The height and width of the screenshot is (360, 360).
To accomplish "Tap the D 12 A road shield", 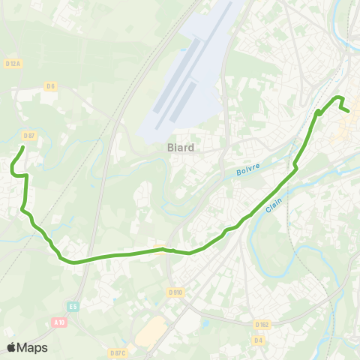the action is coord(13,63).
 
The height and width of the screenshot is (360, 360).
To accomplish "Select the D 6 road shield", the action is coord(50,86).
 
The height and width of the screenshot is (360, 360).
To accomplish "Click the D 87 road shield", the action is coord(29,135).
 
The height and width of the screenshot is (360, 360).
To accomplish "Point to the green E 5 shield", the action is coord(73,306).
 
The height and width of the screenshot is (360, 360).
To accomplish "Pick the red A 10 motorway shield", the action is coord(59,322).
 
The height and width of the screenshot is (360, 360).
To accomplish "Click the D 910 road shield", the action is coord(175,292).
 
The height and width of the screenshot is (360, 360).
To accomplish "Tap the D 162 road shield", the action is coord(262,325).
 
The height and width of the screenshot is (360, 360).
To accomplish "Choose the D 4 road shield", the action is coord(258,340).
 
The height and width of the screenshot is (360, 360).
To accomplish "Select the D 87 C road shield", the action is coord(118,352).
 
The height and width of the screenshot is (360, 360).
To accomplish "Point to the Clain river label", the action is coord(272,205).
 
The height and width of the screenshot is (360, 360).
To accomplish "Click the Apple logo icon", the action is coord(11,347).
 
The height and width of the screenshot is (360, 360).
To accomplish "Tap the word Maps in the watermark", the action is coord(32,347).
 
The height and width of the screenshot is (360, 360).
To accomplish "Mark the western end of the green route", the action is coord(22,147).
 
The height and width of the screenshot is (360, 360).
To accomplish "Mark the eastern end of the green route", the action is coord(349,112).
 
